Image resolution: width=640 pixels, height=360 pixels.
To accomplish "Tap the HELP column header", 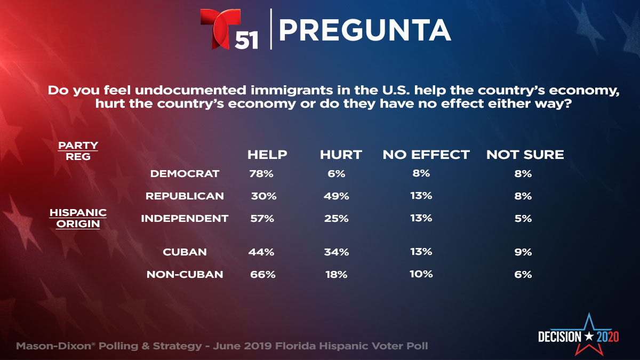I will (267, 155).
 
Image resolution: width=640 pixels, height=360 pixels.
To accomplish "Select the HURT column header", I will (341, 155).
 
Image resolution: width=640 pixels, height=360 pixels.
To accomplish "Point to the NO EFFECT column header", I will (426, 155).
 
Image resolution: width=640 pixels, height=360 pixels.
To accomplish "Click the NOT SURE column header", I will (525, 155).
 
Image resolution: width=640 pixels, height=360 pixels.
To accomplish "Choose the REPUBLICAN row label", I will (185, 196).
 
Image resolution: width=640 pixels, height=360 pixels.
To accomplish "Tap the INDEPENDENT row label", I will (185, 218).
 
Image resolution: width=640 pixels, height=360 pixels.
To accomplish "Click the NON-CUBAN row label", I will (185, 275).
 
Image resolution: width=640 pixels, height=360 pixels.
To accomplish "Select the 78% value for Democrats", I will (261, 173).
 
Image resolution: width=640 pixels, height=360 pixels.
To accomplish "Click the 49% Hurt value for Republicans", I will (336, 196).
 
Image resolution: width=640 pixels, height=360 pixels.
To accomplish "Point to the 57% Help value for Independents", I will (261, 218).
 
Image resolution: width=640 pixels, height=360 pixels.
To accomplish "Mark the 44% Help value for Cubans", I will (261, 252).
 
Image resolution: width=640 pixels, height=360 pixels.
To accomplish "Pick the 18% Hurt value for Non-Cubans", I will (336, 275).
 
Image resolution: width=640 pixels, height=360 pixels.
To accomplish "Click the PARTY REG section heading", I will (78, 150).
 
